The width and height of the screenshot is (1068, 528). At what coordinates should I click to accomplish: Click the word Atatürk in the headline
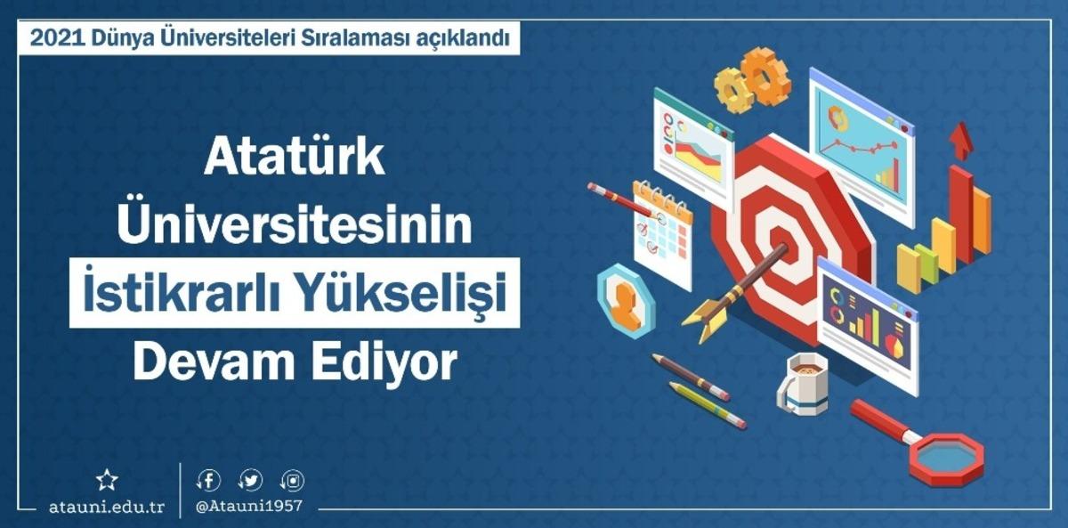[x=295, y=158]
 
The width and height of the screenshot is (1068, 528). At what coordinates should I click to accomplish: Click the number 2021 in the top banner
[x=55, y=39]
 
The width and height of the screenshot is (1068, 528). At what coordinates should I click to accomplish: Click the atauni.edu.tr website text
[x=107, y=507]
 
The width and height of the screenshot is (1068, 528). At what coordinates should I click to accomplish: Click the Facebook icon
[x=208, y=481]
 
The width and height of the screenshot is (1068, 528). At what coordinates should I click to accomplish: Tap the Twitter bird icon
[x=252, y=481]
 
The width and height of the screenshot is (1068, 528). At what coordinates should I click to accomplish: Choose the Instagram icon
[x=293, y=481]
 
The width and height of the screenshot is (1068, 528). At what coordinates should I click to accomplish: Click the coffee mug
[x=804, y=382]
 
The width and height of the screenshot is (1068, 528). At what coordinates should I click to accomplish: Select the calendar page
[x=662, y=233]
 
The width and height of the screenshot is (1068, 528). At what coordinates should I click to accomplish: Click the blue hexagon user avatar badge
[x=626, y=299]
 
